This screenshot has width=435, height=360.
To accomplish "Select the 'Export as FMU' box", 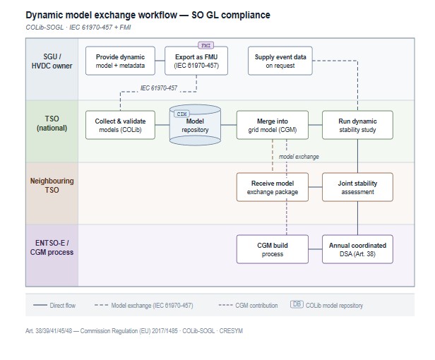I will tap(196, 60).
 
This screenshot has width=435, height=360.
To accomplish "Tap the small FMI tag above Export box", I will tap(206, 44).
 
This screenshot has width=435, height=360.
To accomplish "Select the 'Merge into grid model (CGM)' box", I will tap(272, 125).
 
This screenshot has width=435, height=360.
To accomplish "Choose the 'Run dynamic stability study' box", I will tap(357, 125).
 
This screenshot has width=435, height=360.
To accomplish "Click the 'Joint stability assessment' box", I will tap(357, 187).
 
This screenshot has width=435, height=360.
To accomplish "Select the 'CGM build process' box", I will tap(272, 249).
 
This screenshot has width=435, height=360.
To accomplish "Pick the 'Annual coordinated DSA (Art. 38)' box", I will tap(357, 249).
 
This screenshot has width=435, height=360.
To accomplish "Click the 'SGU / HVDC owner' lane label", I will tap(52, 60).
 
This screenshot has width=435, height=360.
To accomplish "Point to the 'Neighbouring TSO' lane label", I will tap(52, 186).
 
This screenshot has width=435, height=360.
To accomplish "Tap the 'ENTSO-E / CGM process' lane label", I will tap(52, 249).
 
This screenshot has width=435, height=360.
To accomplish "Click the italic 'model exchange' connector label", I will tap(297, 156).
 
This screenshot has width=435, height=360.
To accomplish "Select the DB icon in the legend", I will tap(297, 305).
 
